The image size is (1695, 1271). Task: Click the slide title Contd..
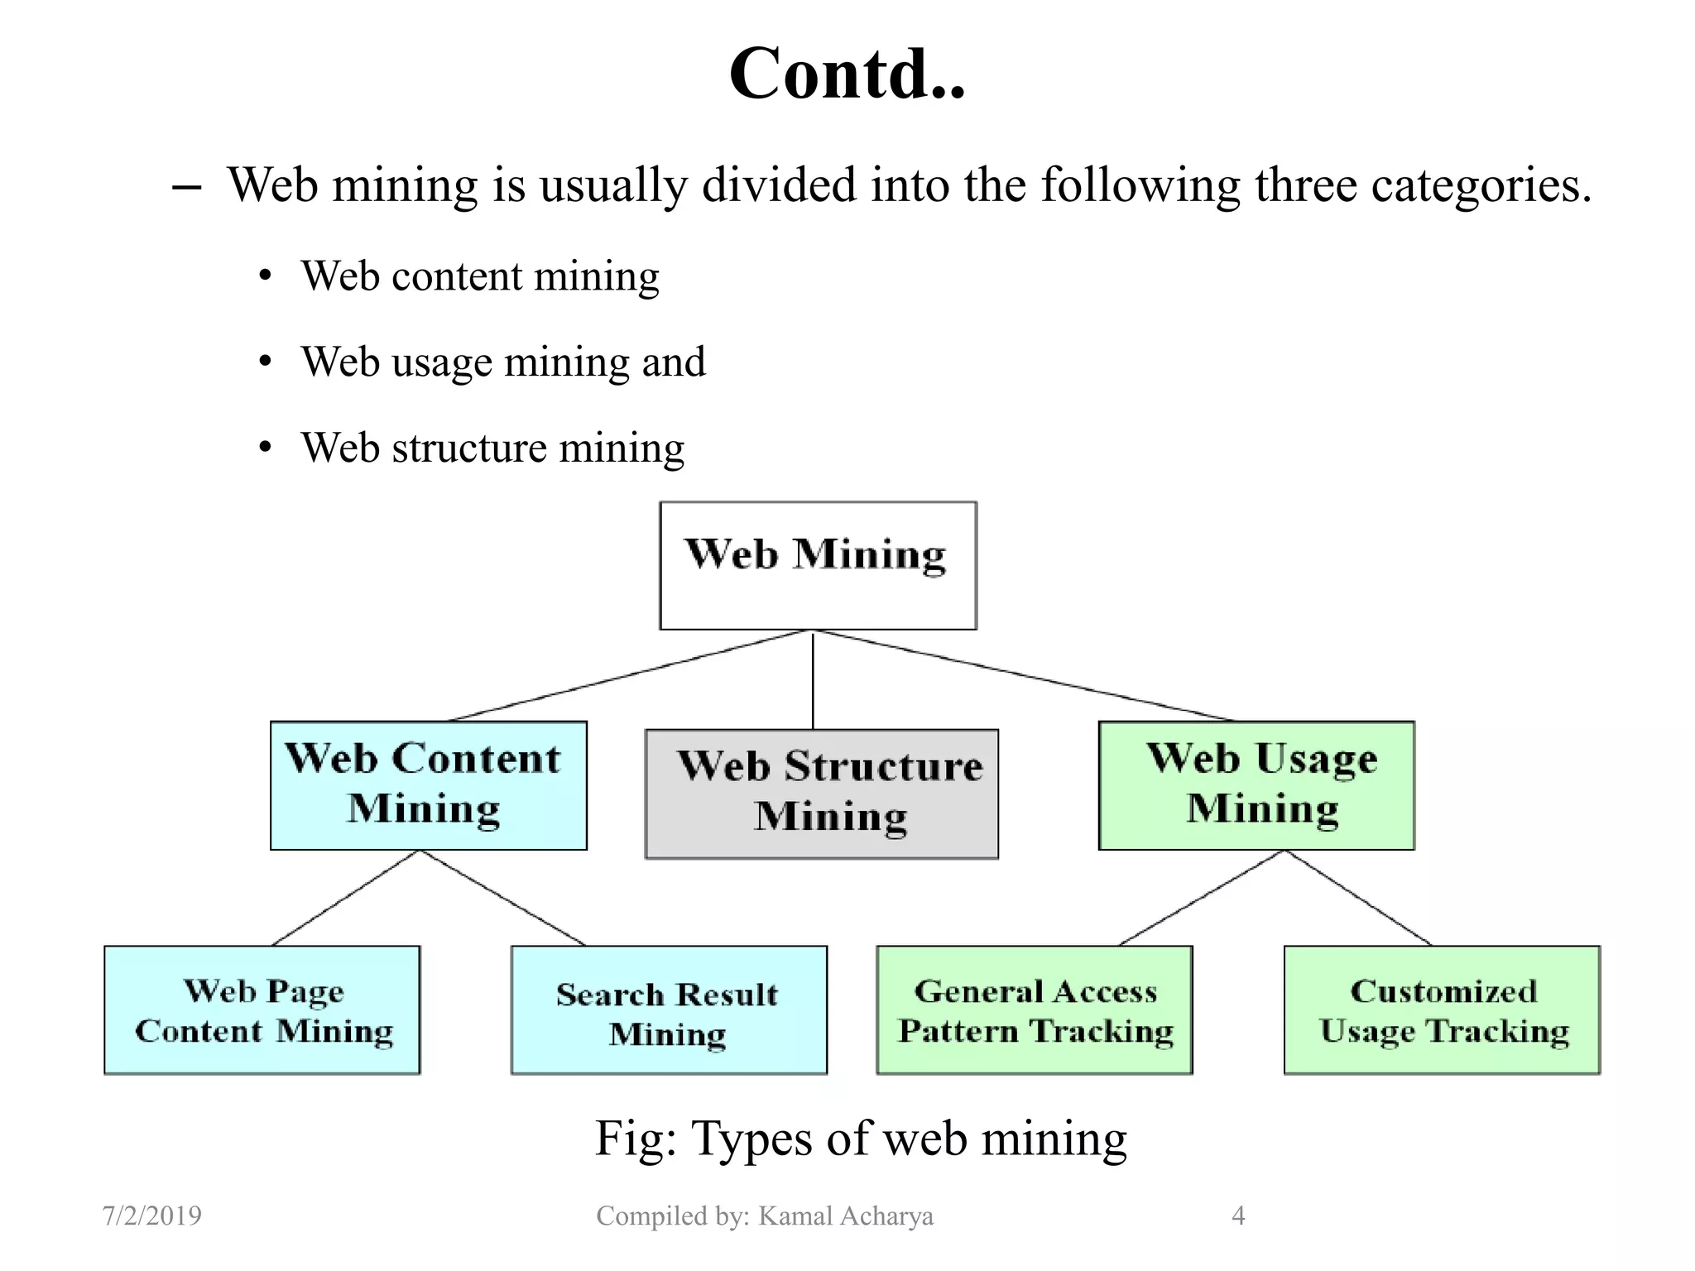(847, 74)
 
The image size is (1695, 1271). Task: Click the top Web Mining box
(818, 565)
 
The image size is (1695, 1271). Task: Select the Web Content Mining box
(428, 784)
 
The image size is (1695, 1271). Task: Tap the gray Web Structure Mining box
(821, 793)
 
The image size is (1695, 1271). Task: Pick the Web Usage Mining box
(1256, 784)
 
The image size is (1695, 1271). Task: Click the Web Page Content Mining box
(262, 1010)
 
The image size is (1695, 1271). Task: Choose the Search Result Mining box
(668, 1010)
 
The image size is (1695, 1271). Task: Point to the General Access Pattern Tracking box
(1034, 1010)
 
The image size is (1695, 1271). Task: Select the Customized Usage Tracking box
(1441, 1010)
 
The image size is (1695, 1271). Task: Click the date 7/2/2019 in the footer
(151, 1216)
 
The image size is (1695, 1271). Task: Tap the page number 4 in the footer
(1238, 1216)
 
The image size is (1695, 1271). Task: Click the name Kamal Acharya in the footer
(845, 1216)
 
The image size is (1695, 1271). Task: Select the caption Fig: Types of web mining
(861, 1138)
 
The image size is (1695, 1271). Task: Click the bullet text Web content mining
(480, 276)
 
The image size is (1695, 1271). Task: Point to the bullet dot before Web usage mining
(265, 362)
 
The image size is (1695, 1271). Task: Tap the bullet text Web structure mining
(492, 448)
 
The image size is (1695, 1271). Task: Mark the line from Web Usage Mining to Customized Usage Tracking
(1359, 898)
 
